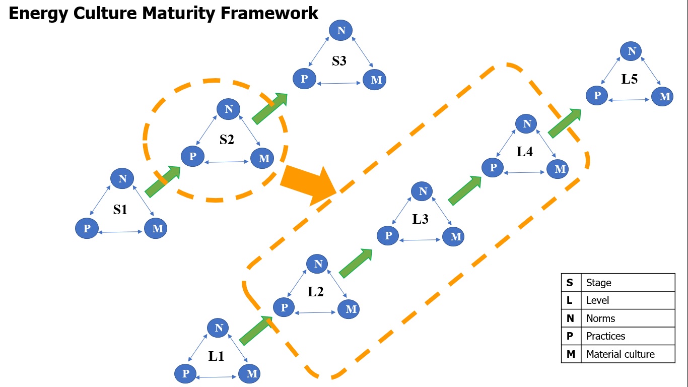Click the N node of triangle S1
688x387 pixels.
[122, 178]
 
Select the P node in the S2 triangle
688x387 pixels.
[192, 156]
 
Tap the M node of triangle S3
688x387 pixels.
[375, 80]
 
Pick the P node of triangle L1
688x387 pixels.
[185, 373]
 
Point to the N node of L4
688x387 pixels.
[526, 124]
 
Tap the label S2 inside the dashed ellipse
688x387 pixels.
[227, 140]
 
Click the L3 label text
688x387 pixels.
[420, 219]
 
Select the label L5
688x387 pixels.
[630, 79]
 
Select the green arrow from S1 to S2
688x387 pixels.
[163, 181]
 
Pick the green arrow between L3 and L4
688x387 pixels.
[464, 190]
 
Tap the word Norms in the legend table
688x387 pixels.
[600, 318]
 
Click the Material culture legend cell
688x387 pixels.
[620, 354]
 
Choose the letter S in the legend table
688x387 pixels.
[570, 283]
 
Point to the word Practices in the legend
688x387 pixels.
[605, 336]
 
